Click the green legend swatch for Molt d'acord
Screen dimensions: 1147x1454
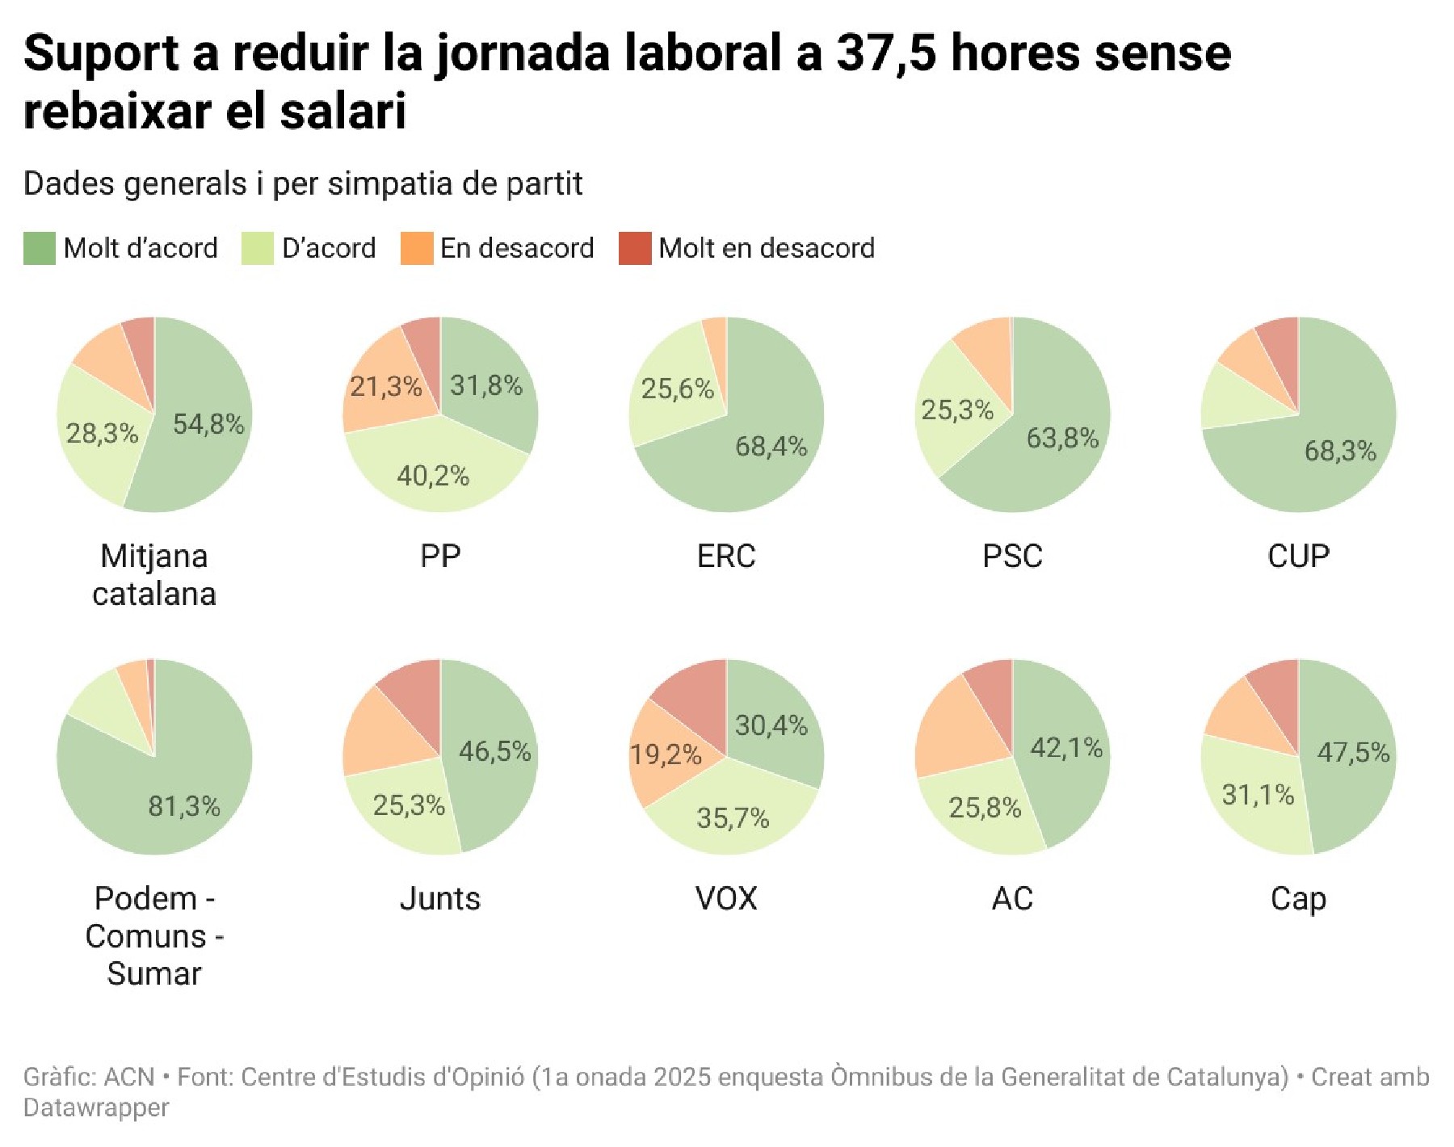(x=40, y=249)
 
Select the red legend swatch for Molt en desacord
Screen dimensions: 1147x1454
(x=635, y=249)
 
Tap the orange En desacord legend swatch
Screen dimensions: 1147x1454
(x=417, y=249)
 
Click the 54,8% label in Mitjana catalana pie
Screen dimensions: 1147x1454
(x=208, y=424)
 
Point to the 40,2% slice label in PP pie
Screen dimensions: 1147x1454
(x=433, y=476)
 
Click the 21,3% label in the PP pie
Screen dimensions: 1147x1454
(x=386, y=387)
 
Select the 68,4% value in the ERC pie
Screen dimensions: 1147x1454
(x=771, y=446)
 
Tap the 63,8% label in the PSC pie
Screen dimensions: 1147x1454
(x=1062, y=439)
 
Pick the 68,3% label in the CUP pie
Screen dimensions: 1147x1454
(x=1340, y=451)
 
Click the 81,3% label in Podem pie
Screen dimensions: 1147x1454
(x=184, y=806)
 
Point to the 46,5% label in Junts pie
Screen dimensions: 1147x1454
(x=495, y=752)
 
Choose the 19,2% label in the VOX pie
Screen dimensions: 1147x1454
(x=666, y=755)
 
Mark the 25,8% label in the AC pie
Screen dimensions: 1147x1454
(x=985, y=807)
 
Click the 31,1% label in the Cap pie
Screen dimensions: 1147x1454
(x=1258, y=796)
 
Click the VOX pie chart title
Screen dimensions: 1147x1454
(x=726, y=899)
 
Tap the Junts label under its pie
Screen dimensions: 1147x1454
(x=440, y=899)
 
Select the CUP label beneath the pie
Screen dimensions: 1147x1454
(x=1298, y=557)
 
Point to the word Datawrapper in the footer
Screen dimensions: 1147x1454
(x=96, y=1108)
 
